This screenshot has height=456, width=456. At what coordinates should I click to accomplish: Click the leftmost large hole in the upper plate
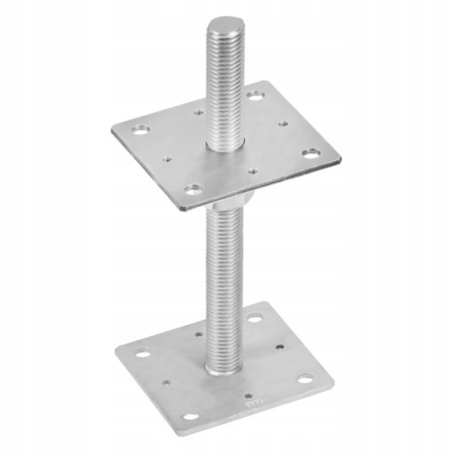click(141, 130)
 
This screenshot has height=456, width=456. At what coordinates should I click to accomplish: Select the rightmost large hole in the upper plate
click(310, 153)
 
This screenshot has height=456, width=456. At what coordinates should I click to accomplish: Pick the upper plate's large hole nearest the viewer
click(194, 189)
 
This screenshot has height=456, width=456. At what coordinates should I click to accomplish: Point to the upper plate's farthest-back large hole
click(255, 96)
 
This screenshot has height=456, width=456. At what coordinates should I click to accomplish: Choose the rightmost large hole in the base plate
click(305, 379)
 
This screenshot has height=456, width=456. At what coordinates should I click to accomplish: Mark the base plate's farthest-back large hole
click(255, 319)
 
